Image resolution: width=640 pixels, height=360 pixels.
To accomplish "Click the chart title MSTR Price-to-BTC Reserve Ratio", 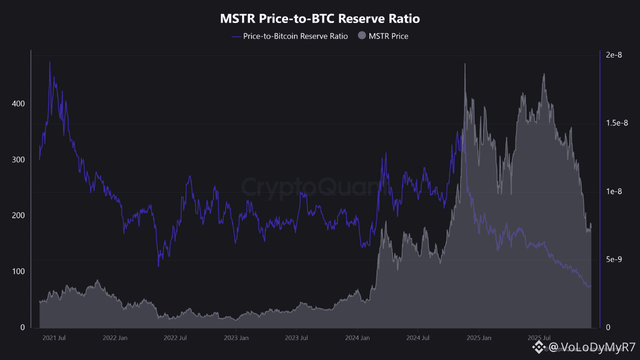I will coord(320,19).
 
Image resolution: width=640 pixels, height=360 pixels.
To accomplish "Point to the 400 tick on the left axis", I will coord(18,103).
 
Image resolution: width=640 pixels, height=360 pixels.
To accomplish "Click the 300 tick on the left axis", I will coord(18,159).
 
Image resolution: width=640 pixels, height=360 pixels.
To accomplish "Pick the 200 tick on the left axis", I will coord(18,215).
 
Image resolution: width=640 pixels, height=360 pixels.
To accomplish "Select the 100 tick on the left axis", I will coord(18,271).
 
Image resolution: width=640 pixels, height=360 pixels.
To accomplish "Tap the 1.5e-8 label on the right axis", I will coord(616,123).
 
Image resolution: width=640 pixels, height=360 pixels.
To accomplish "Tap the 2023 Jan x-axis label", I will coord(236,338).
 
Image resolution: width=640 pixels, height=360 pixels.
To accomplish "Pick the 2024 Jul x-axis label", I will coord(417,338).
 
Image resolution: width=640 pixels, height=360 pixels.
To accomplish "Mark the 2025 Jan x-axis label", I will coord(478,338).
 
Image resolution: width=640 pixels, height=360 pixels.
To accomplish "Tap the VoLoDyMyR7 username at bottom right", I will coord(592,347).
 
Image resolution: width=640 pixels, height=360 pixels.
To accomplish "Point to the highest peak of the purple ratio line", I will coord(49,62).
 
